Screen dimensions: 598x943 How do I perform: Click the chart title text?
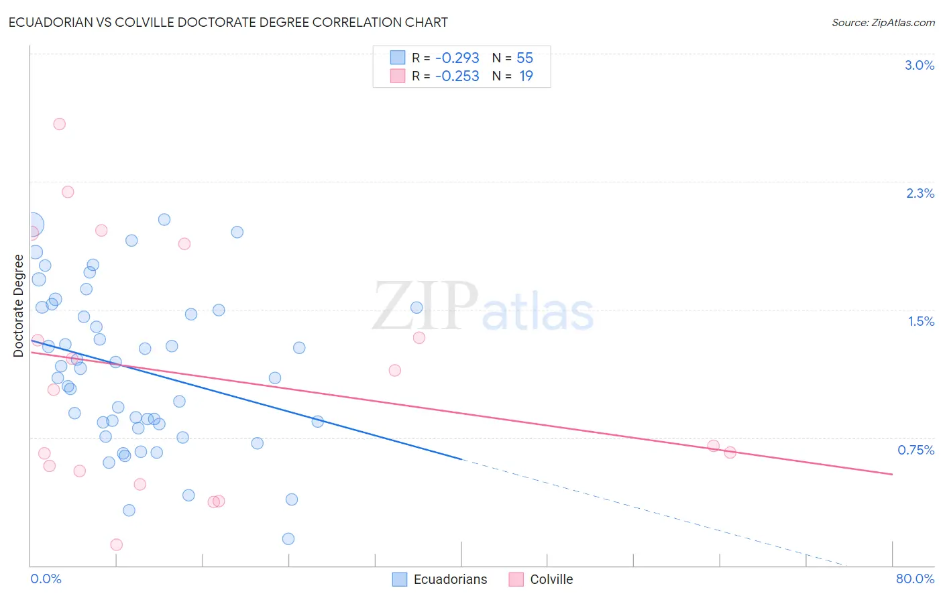click(228, 22)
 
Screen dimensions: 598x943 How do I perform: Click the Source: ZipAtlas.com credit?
click(883, 23)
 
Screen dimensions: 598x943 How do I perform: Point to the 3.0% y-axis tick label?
click(919, 65)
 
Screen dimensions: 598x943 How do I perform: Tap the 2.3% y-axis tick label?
click(920, 193)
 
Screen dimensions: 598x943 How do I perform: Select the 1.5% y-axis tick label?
click(921, 321)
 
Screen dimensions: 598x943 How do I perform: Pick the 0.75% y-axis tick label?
click(916, 450)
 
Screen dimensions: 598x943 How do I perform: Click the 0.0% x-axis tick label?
click(46, 579)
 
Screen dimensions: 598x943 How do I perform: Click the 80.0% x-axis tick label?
click(915, 579)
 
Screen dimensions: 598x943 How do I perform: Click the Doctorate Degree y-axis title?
click(19, 306)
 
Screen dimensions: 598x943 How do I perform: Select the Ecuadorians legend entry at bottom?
click(440, 579)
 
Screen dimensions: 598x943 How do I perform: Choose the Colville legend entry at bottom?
click(541, 579)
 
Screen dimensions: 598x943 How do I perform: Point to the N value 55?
click(524, 58)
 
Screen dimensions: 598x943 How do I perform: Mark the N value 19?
click(526, 76)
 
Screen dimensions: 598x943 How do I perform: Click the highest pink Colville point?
click(59, 124)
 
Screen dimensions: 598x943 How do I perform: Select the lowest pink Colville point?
click(116, 544)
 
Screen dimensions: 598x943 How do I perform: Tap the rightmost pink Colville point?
click(730, 453)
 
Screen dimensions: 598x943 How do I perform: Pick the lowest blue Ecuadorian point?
click(288, 538)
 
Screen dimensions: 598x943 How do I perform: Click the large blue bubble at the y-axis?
click(32, 225)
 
